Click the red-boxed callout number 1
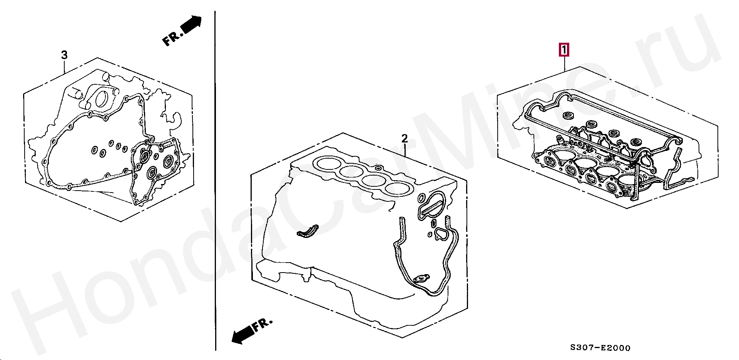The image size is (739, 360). [x=564, y=50]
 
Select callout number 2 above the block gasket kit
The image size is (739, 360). [x=405, y=138]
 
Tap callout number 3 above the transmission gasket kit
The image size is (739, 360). [x=64, y=55]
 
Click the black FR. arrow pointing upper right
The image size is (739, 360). [x=182, y=30]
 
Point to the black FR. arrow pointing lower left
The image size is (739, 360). [x=252, y=331]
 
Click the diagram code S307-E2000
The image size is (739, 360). [x=600, y=348]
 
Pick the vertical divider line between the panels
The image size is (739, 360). [x=215, y=181]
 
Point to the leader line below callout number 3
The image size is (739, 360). [x=64, y=67]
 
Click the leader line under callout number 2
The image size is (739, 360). [x=405, y=150]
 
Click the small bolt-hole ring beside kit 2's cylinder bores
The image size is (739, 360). [x=378, y=168]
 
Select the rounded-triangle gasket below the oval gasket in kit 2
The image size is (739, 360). [x=441, y=233]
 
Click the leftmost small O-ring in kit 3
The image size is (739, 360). [x=94, y=149]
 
